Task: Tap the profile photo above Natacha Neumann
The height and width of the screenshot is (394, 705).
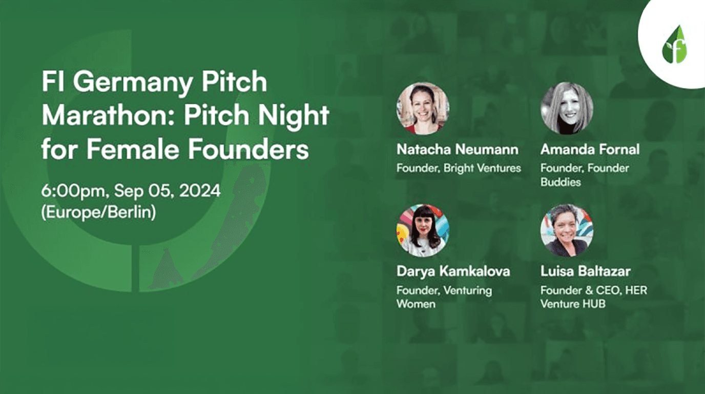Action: [x=423, y=108]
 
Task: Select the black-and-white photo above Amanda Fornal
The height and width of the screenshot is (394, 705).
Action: [x=567, y=108]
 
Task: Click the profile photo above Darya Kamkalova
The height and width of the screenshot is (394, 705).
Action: [x=423, y=230]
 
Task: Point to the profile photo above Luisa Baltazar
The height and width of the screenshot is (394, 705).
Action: [x=567, y=230]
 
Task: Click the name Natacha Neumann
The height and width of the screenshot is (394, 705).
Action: [x=457, y=149]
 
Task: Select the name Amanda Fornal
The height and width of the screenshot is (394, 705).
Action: [x=590, y=149]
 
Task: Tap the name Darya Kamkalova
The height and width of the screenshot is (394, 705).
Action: [x=453, y=271]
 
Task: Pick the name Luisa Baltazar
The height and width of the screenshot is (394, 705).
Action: [x=586, y=271]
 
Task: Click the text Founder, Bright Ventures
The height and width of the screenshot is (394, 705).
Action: [x=459, y=168]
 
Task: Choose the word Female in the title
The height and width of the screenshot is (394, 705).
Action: [x=130, y=149]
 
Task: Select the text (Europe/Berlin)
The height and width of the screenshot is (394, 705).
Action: [x=98, y=212]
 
